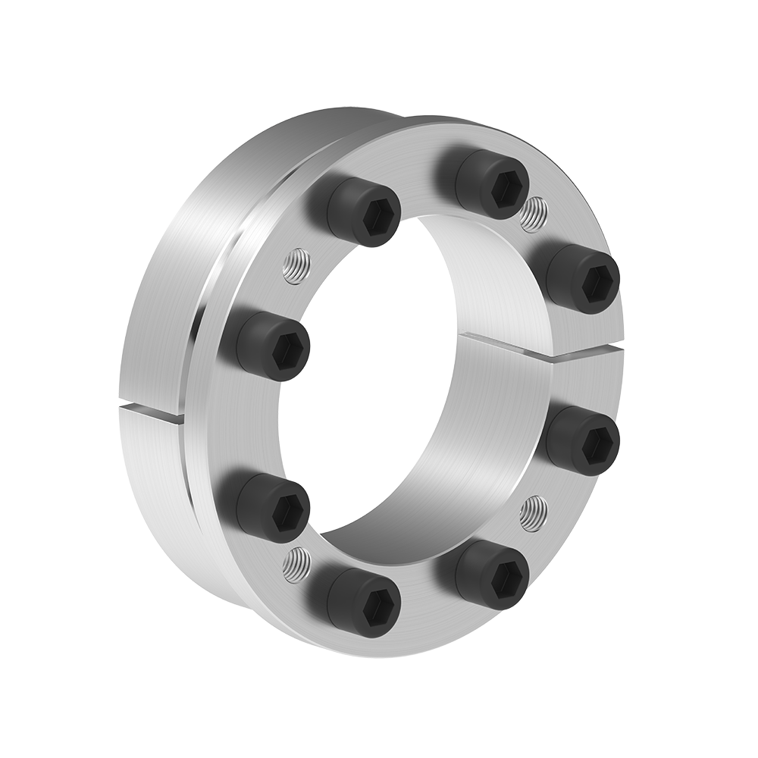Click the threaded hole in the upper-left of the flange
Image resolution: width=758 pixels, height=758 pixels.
tap(295, 265)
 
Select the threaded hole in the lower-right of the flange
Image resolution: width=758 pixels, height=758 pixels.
tap(534, 512)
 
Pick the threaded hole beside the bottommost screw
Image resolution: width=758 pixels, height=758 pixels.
tap(296, 565)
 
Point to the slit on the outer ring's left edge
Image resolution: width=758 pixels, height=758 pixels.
tap(152, 409)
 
